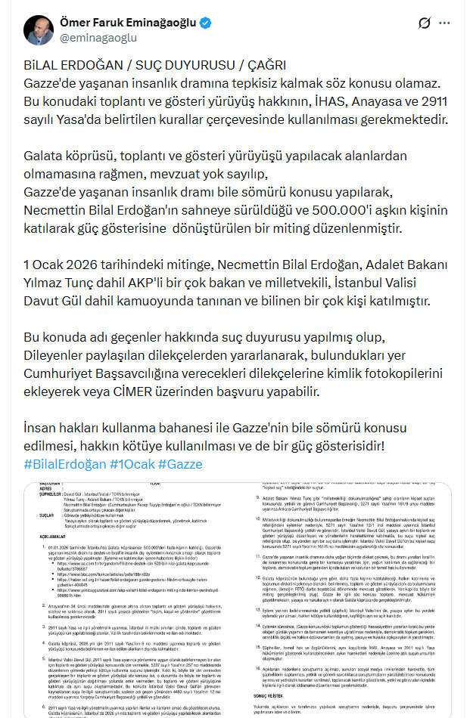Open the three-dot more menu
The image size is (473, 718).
pyautogui.click(x=453, y=23)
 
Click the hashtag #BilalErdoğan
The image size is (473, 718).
pyautogui.click(x=64, y=463)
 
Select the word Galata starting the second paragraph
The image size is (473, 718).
pyautogui.click(x=44, y=156)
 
